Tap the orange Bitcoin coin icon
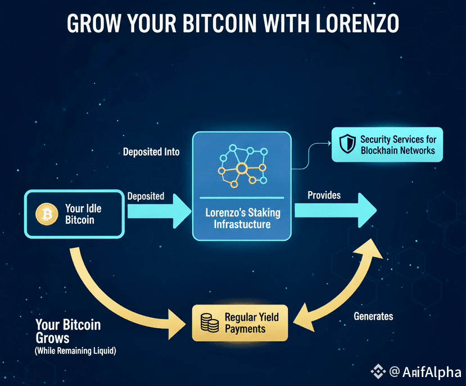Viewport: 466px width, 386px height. pyautogui.click(x=44, y=214)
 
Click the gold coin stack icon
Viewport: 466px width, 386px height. pyautogui.click(x=209, y=323)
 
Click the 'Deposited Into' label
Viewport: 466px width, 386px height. pyautogui.click(x=151, y=152)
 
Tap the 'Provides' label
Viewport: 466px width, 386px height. pyautogui.click(x=324, y=195)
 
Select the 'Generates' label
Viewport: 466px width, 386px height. pyautogui.click(x=373, y=316)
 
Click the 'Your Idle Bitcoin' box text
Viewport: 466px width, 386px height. pyautogui.click(x=83, y=214)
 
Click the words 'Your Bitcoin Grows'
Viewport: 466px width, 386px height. pyautogui.click(x=67, y=331)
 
